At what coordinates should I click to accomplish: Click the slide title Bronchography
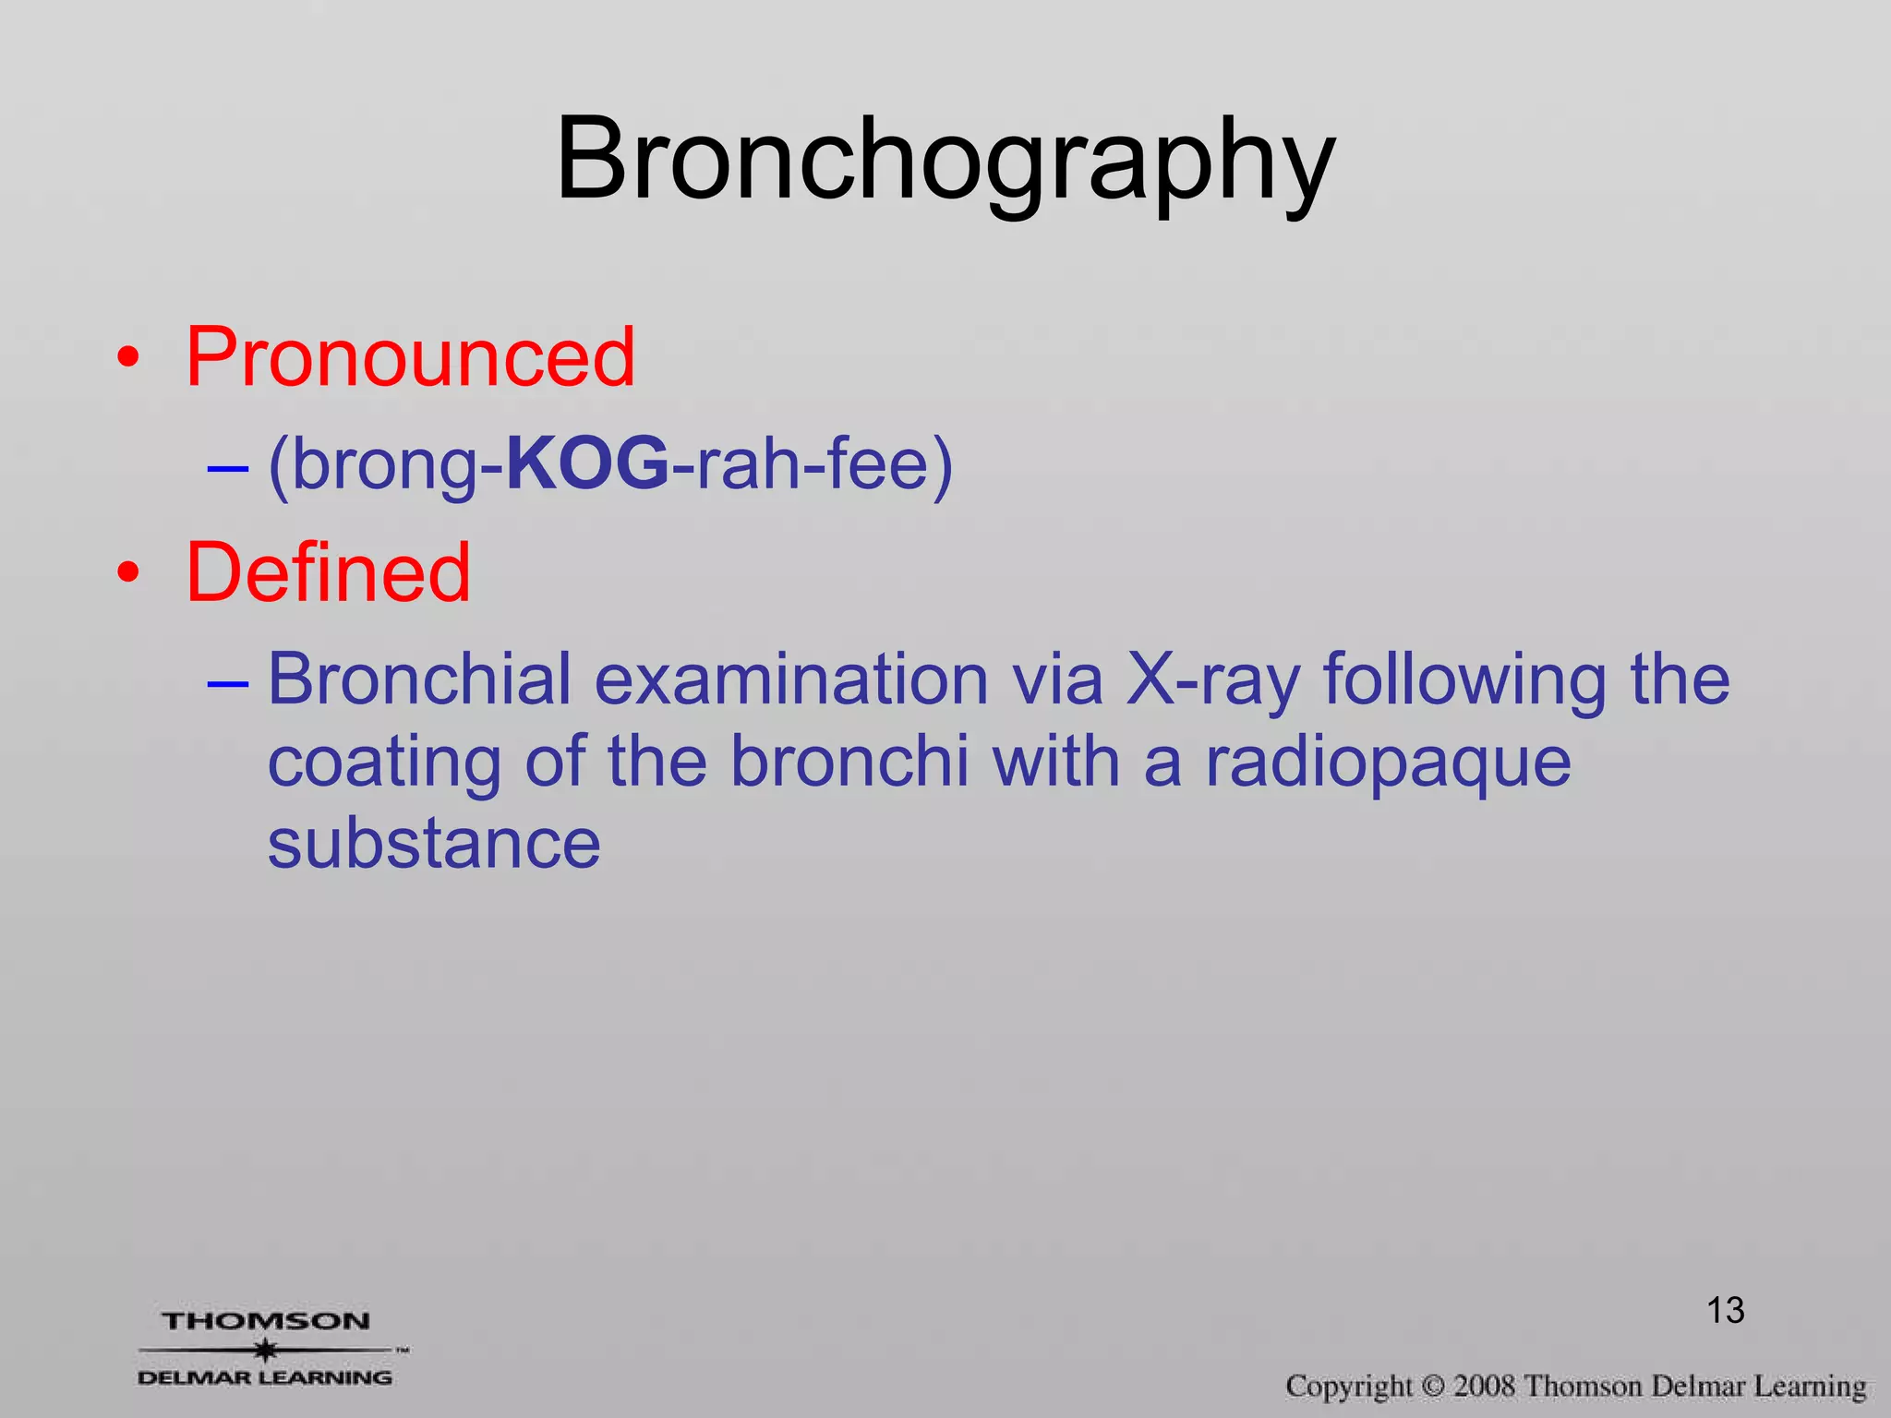point(945,162)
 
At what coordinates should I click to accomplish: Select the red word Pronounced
point(410,358)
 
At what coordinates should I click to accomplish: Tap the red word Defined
point(328,573)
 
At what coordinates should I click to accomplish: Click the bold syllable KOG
point(588,463)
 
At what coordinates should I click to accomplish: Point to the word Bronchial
point(419,679)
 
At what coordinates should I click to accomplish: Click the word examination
point(791,679)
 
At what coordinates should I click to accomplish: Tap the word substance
point(434,844)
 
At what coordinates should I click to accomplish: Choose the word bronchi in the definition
point(849,763)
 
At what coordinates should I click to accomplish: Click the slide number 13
point(1725,1311)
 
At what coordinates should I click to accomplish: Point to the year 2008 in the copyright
point(1484,1386)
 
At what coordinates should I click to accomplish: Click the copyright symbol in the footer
point(1432,1387)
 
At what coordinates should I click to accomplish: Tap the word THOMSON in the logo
point(266,1321)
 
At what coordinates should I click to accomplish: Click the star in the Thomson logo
point(266,1351)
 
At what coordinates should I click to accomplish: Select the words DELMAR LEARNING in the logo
point(264,1377)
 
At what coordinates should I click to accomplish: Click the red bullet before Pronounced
point(129,358)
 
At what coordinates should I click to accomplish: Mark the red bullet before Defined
point(129,573)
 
